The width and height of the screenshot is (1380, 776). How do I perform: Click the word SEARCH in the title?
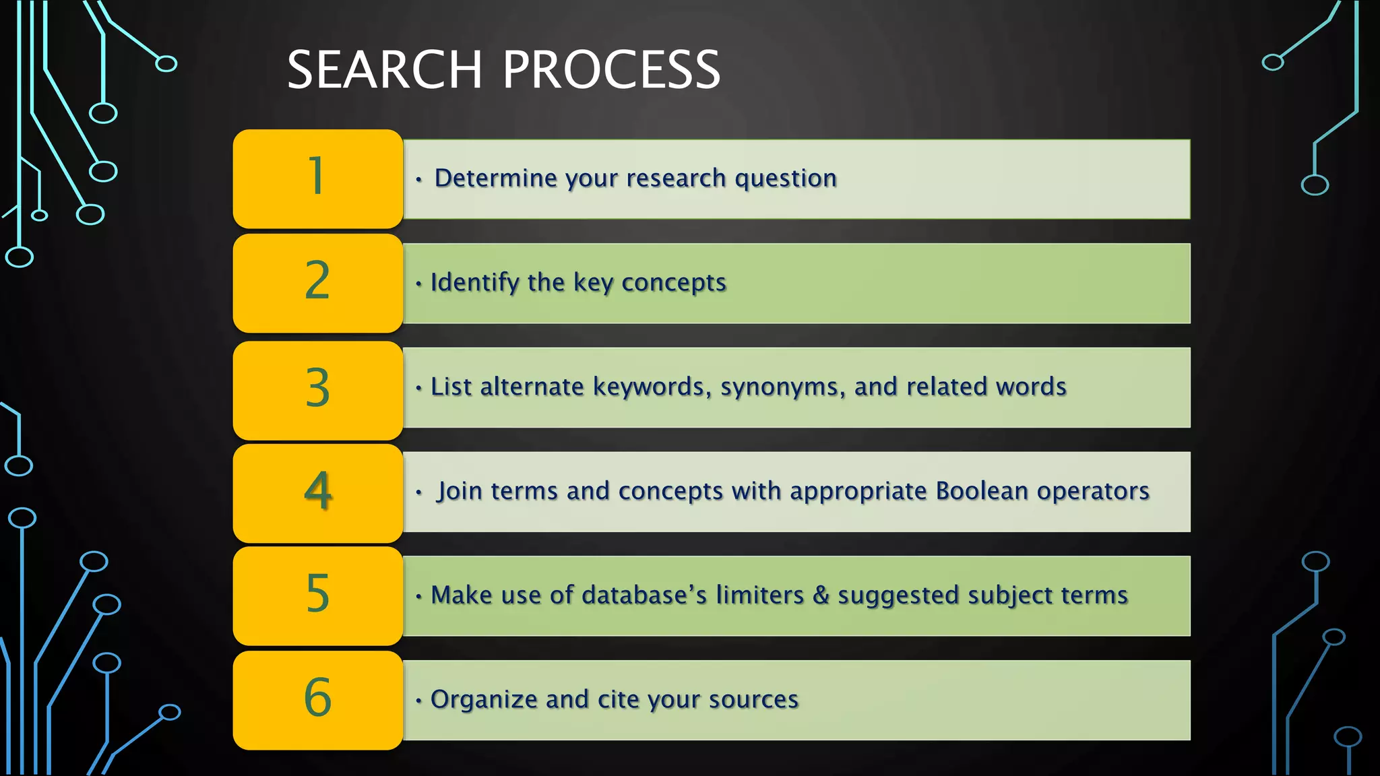[385, 69]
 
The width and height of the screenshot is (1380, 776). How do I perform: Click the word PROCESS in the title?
[611, 69]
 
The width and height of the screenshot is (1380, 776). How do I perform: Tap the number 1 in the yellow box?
[317, 177]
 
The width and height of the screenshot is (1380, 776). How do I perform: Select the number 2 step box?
[317, 282]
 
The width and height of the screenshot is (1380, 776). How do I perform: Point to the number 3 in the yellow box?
[317, 388]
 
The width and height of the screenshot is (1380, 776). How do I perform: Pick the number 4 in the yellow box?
[318, 491]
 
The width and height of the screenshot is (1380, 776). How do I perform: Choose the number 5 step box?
[317, 595]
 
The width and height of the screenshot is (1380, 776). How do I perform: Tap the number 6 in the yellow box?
[317, 698]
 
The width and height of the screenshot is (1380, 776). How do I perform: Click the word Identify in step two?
[474, 283]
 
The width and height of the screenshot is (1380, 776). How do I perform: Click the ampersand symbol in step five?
[821, 595]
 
